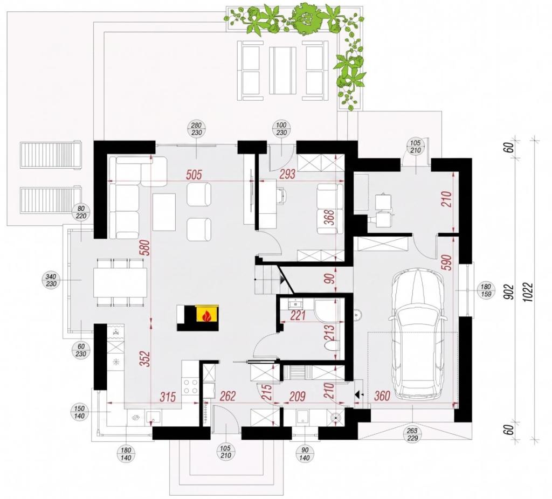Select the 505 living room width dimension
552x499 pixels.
tap(194, 175)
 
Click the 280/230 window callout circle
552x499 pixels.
tap(196, 129)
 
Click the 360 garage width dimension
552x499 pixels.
tap(382, 396)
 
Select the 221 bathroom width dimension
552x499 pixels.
tap(298, 315)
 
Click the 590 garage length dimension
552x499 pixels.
tap(447, 260)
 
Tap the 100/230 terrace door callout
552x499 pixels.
tap(281, 129)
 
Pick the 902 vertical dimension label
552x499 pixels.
tap(510, 292)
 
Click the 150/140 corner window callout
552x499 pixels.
tap(80, 412)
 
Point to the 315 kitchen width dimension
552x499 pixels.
tap(168, 397)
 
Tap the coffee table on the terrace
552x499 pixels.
tap(282, 70)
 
